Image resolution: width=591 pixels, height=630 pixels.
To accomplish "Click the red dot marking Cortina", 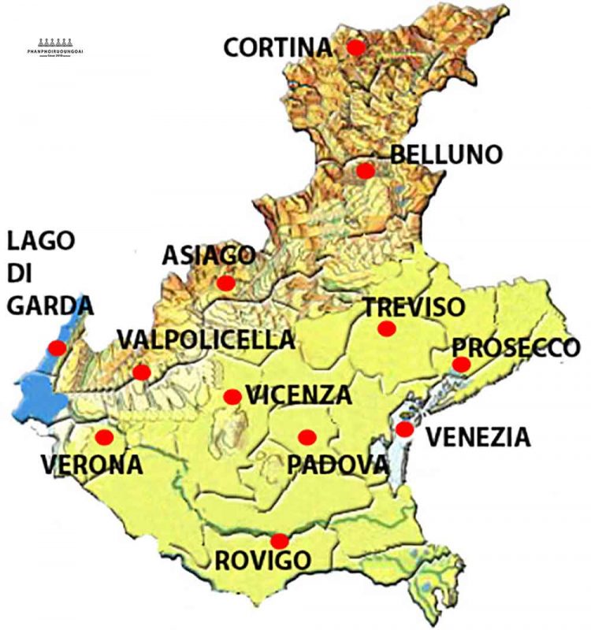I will click(x=355, y=47).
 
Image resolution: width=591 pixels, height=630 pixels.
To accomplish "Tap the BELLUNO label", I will click(x=446, y=154).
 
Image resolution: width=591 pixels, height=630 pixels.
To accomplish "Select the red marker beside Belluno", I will click(x=365, y=170).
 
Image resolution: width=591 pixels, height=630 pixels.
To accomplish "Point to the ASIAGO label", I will click(x=209, y=255).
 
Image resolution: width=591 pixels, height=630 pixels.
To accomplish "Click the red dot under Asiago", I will click(x=225, y=283).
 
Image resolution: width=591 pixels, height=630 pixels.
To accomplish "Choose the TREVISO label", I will click(x=414, y=306).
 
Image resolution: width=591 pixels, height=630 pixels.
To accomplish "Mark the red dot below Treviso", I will click(x=386, y=328).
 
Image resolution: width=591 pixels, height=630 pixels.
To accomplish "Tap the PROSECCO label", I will click(x=516, y=347).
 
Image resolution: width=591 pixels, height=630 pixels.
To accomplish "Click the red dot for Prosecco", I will click(x=461, y=364).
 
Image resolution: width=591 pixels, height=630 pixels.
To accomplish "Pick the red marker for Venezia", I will click(x=404, y=429).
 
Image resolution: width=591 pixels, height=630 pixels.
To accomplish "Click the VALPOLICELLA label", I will click(x=206, y=339).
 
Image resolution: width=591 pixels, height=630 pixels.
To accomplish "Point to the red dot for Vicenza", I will click(x=232, y=396).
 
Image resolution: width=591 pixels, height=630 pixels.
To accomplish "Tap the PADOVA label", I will click(x=337, y=464).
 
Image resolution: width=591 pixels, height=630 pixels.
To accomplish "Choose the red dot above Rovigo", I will click(x=279, y=541).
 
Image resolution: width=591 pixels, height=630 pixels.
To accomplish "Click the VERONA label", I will click(x=91, y=464).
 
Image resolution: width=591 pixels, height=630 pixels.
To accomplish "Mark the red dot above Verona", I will click(x=104, y=436).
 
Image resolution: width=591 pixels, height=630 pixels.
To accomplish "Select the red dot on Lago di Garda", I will click(x=57, y=347).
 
